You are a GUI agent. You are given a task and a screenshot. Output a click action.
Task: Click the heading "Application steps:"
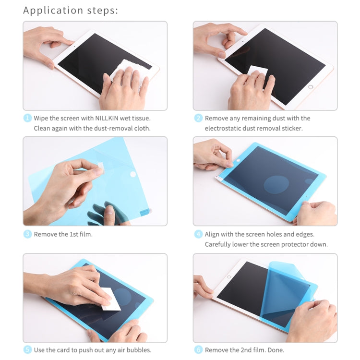point(71,10)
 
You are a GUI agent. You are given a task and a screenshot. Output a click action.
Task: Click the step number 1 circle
point(27,118)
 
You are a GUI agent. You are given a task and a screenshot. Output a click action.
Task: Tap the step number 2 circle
point(198,118)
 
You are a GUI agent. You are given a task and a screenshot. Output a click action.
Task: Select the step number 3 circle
point(27,234)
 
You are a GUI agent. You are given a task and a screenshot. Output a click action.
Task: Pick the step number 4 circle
point(198,234)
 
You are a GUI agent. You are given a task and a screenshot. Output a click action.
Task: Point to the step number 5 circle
point(27,350)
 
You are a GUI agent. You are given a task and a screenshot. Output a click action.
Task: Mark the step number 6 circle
point(198,350)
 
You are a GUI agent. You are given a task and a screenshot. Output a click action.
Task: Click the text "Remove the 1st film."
point(63,234)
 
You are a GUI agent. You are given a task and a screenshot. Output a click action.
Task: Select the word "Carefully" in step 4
point(219,244)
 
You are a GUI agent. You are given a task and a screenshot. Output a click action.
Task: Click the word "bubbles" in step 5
point(138,350)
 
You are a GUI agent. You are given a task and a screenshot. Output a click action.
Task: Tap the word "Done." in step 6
point(275,350)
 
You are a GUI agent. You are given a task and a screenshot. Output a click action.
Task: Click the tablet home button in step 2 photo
point(311,87)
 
